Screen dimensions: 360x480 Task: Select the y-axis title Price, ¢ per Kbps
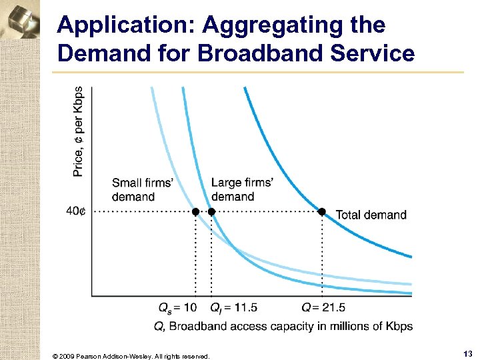[x=79, y=131]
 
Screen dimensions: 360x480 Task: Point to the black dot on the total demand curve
[x=321, y=211]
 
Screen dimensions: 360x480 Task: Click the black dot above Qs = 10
[x=195, y=212]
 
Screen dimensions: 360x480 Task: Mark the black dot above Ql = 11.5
[x=211, y=212]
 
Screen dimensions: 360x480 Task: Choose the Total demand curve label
[x=371, y=215]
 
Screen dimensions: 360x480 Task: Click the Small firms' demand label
[x=143, y=189]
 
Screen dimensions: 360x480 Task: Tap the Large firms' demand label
[x=242, y=189]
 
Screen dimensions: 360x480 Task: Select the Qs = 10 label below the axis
[x=177, y=307]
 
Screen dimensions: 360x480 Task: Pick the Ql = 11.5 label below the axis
[x=233, y=307]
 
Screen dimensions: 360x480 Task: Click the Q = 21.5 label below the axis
[x=323, y=307]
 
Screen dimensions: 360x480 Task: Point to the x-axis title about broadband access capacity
[x=283, y=326]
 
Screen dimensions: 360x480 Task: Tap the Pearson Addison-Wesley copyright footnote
[x=131, y=356]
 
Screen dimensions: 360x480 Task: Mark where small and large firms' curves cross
[x=235, y=249]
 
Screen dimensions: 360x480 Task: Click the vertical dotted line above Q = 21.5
[x=322, y=253]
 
